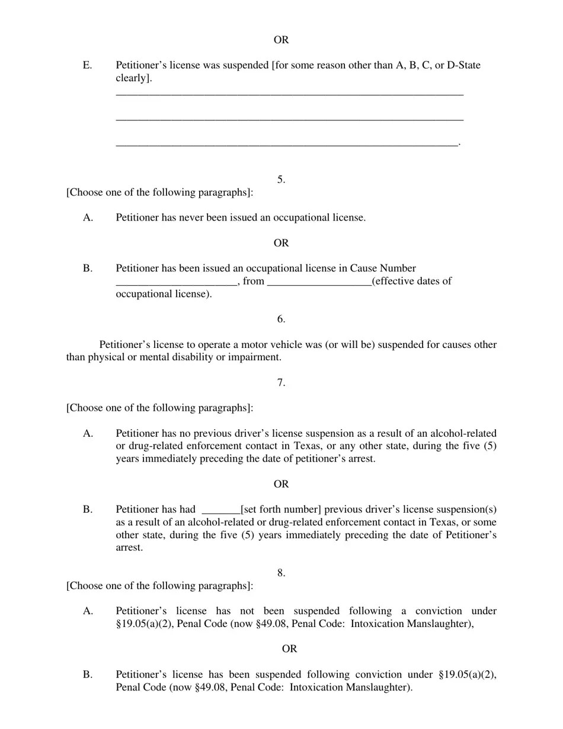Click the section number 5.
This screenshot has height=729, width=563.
pyautogui.click(x=281, y=180)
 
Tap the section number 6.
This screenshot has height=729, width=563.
pyautogui.click(x=281, y=319)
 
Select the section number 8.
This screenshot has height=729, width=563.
pyautogui.click(x=281, y=573)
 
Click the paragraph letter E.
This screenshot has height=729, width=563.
pyautogui.click(x=87, y=65)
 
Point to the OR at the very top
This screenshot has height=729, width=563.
pyautogui.click(x=281, y=40)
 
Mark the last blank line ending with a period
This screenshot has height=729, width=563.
pyautogui.click(x=287, y=144)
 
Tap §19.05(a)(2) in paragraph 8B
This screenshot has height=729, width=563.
pyautogui.click(x=467, y=674)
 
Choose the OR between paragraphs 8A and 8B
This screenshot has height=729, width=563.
pyautogui.click(x=289, y=649)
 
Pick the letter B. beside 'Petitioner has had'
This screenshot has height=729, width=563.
pyautogui.click(x=88, y=510)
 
